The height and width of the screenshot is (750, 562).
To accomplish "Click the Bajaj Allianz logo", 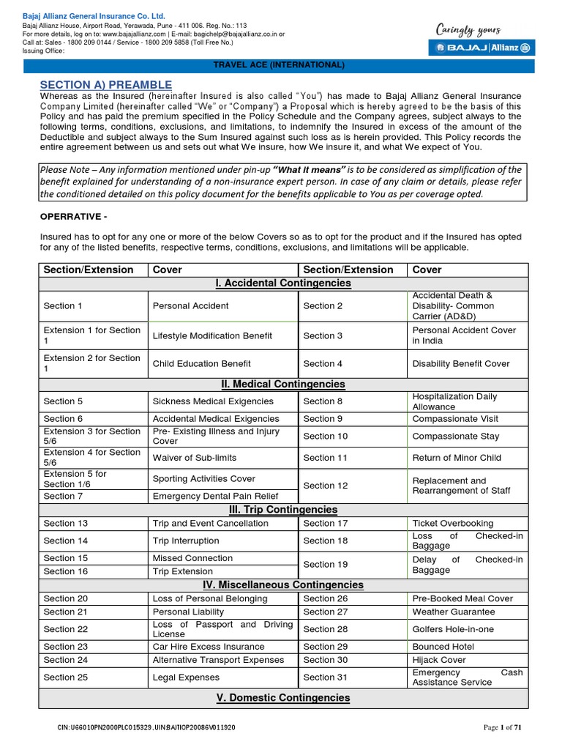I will (x=482, y=48).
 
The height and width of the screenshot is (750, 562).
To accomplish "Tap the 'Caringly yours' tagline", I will (x=468, y=30).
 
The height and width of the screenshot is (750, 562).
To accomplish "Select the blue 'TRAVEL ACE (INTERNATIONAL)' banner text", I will (x=278, y=65).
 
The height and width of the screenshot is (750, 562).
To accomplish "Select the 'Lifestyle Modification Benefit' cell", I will (x=212, y=335).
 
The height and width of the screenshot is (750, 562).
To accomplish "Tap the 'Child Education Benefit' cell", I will (x=201, y=363).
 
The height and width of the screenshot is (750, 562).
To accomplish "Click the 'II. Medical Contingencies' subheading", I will (x=282, y=384).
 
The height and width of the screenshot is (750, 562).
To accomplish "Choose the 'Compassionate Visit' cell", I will (x=455, y=419).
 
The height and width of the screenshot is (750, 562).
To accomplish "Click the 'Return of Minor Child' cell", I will (x=457, y=458).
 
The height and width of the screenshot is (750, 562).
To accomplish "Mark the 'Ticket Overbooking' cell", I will (x=453, y=523).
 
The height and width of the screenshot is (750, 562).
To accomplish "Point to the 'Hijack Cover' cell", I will (x=439, y=660).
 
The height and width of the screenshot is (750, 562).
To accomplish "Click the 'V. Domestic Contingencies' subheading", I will (x=282, y=697).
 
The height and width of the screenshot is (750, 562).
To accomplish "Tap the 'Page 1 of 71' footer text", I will (x=503, y=727).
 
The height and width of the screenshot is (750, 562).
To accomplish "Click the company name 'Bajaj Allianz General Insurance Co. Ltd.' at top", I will (x=94, y=15).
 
